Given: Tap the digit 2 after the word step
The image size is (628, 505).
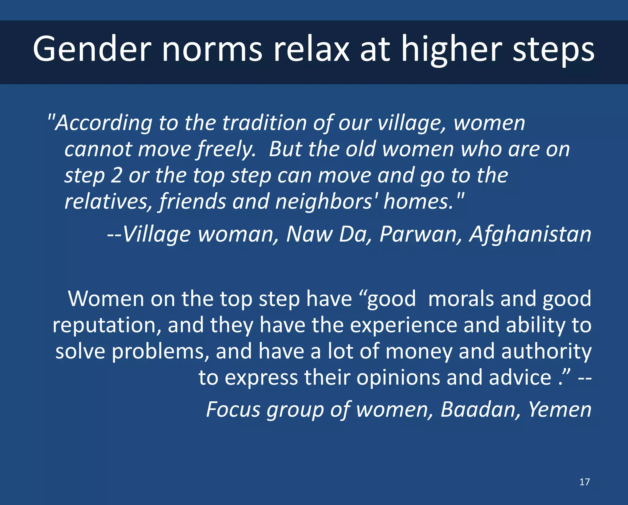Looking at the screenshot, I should pyautogui.click(x=116, y=176).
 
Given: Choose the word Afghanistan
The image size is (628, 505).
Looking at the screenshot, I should pyautogui.click(x=530, y=235).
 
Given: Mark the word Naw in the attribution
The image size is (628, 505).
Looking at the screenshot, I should pyautogui.click(x=309, y=235).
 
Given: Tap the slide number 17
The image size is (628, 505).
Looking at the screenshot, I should pyautogui.click(x=584, y=482).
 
